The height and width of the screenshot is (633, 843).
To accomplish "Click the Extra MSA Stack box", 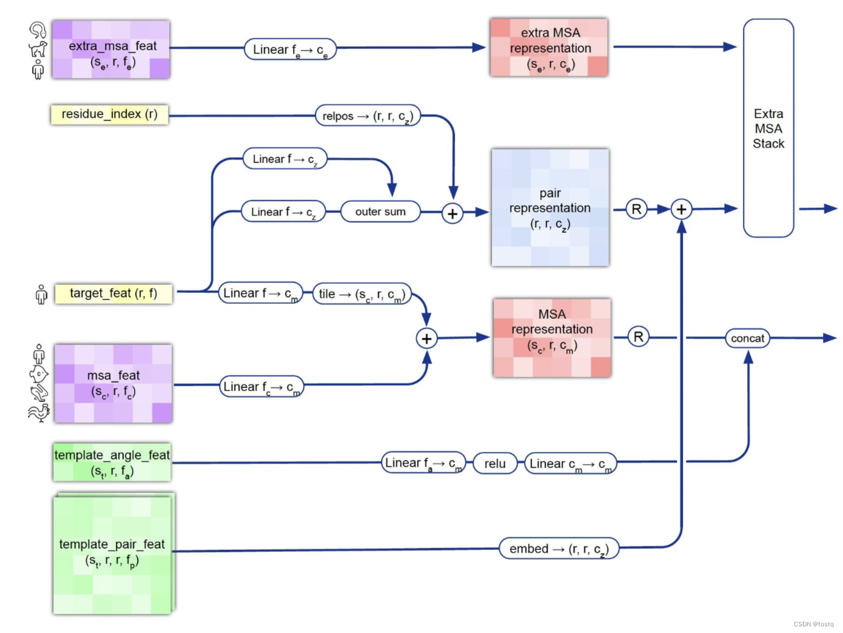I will pos(768,128).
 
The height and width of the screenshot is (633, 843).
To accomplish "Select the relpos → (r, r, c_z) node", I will pos(368,115).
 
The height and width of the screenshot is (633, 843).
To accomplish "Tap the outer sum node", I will pos(380,212).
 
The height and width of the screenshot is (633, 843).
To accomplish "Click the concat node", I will pos(747,338).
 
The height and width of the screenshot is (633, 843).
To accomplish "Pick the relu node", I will pos(495,463).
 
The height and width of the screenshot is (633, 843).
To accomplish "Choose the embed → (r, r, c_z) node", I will pos(559,549).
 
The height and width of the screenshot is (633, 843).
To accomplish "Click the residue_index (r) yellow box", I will pos(109,114).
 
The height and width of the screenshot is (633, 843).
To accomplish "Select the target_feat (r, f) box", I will pos(113,293).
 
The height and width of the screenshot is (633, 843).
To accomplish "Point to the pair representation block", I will pos(550,207).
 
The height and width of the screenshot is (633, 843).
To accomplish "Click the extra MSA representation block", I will pos(549,47).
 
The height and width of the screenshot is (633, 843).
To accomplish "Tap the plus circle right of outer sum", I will pos(452,213).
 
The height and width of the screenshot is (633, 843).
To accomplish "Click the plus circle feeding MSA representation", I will pos(426,338).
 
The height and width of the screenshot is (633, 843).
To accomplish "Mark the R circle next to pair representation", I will pos(636,209).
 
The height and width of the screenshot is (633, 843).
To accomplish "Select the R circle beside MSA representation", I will pos(638,337).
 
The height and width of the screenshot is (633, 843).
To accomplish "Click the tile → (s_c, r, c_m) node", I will pos(362,294).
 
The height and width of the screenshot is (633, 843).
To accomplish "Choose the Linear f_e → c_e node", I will pos(290,50).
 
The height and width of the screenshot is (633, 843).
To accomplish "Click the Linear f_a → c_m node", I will pos(423,463).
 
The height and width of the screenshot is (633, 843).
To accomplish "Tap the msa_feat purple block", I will pos(113,383).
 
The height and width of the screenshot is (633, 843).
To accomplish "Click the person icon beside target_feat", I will pos(41,294).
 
